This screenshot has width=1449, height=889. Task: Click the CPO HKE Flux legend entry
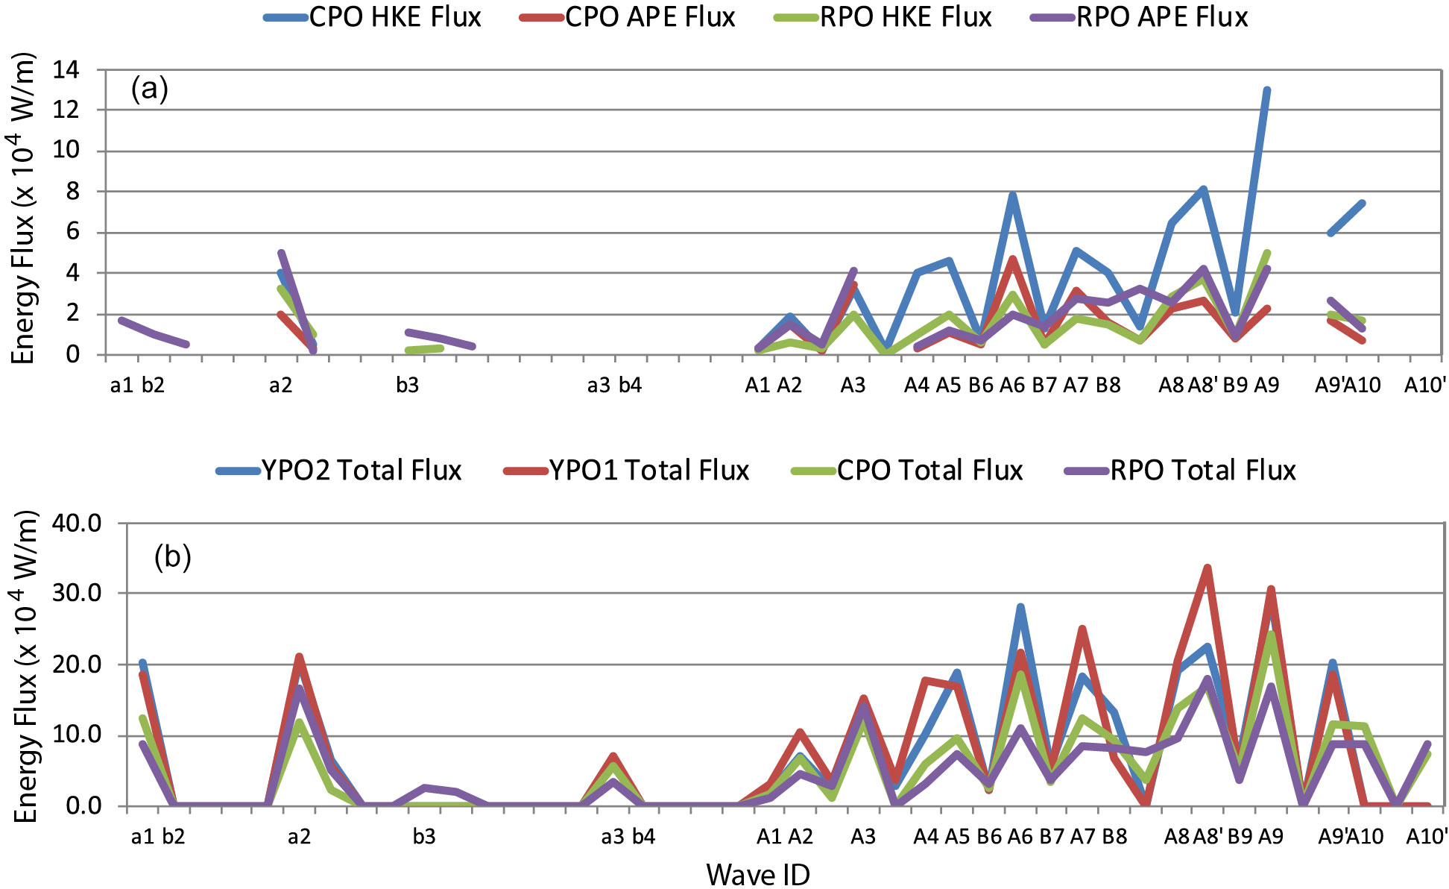coord(373,17)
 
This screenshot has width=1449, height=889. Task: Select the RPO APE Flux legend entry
coord(1140,17)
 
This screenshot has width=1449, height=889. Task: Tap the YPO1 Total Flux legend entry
coord(627,471)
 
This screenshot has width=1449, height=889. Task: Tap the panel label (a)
coord(149,89)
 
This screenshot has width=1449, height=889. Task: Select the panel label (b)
coord(172,556)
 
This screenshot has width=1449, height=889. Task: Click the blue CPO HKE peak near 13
coord(1266,90)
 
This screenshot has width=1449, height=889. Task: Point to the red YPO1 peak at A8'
coord(1207,568)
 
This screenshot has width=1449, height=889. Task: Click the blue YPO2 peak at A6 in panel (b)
coord(1020,608)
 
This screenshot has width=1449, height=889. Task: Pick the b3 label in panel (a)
coord(407,386)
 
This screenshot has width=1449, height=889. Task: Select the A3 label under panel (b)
coord(863,837)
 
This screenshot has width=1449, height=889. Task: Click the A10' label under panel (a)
coord(1425,386)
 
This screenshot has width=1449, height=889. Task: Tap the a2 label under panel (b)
coord(299,837)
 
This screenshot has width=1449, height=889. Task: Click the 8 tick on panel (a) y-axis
coord(72,192)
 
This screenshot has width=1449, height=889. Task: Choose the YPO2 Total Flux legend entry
coord(339,471)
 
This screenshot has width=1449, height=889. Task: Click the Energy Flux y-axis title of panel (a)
coord(24,209)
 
